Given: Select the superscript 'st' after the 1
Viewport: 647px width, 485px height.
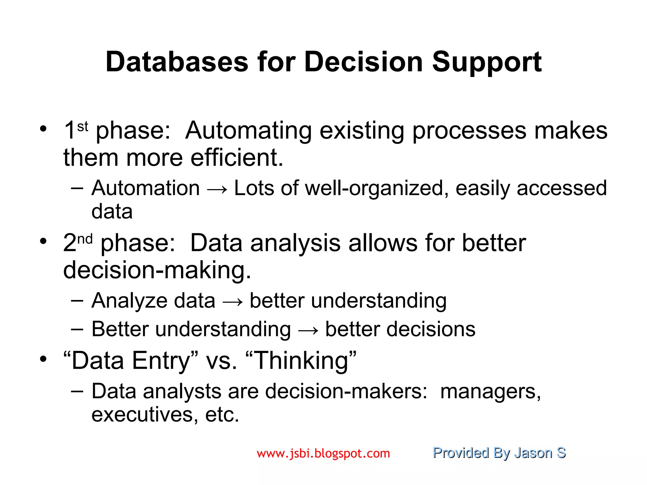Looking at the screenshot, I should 82,127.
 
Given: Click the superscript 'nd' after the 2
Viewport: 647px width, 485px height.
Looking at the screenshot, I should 85,239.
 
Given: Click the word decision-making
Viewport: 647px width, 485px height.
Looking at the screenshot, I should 157,270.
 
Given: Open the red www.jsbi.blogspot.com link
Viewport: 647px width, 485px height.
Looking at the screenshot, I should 323,453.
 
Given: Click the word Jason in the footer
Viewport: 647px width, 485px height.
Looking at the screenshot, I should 533,453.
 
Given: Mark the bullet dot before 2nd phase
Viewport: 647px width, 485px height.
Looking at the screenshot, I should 43,242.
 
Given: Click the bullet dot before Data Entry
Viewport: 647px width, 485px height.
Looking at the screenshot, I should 43,359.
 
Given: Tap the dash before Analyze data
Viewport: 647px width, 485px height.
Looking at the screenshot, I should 77,301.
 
